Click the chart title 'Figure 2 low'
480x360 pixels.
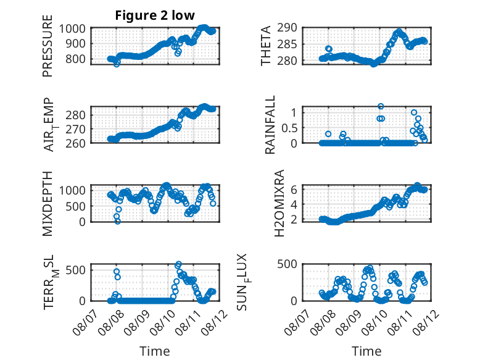pos(155,15)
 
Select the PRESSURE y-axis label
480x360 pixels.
pos(48,46)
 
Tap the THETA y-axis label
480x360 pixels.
pos(266,46)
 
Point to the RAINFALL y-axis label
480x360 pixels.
pos(270,125)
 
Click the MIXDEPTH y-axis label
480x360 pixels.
pos(48,203)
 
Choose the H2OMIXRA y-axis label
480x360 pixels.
pos(279,203)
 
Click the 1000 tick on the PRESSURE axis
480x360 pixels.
pos(72,29)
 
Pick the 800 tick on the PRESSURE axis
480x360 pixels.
pos(75,59)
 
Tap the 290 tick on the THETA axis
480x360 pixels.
pos(287,28)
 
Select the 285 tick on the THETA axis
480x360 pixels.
pos(287,44)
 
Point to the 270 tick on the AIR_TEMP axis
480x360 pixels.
pos(75,129)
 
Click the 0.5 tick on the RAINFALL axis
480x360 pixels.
pos(289,128)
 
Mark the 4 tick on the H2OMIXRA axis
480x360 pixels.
pos(294,204)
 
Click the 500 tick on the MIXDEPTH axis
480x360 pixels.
pos(75,206)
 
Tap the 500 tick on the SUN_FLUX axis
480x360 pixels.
pos(287,264)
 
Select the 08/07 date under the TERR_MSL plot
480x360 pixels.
pos(85,322)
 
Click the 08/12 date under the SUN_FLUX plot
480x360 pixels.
pos(426,322)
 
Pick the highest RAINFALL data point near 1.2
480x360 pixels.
pos(381,106)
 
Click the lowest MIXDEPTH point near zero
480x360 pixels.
pos(118,221)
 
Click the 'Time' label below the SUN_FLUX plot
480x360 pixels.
pos(366,351)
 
